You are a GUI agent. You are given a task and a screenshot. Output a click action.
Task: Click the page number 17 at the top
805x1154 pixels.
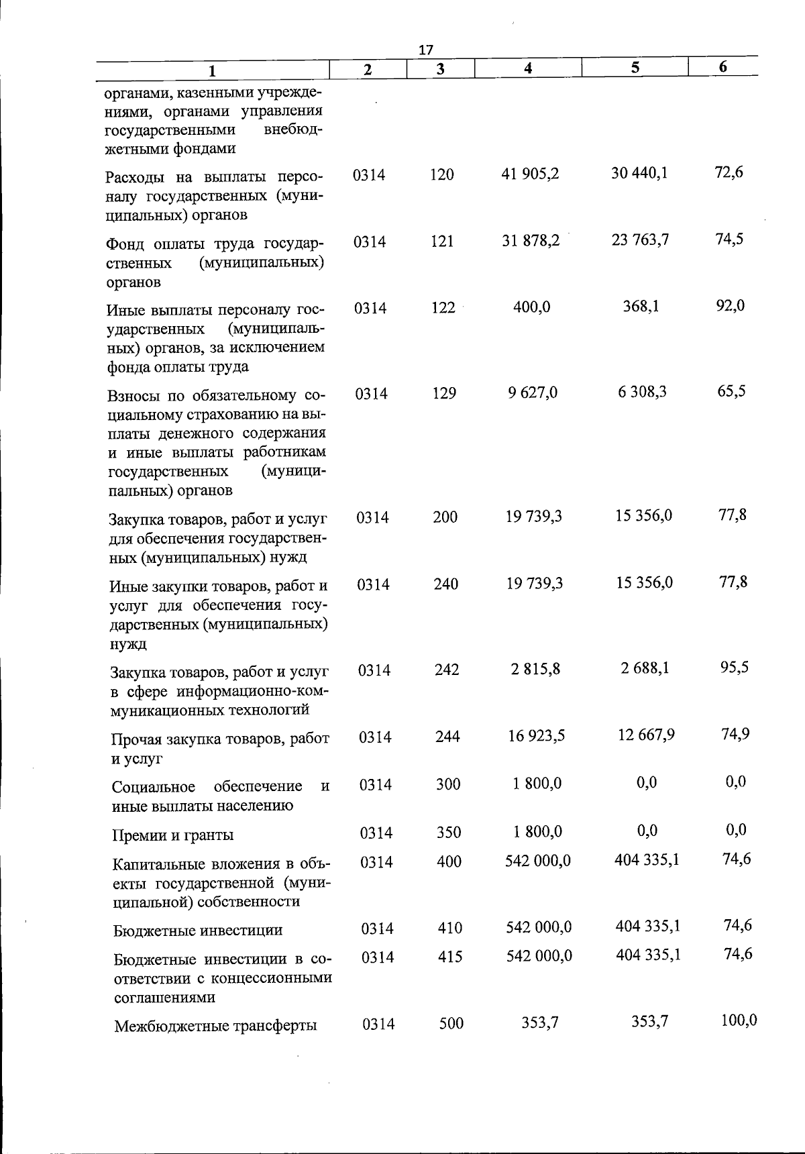pos(426,50)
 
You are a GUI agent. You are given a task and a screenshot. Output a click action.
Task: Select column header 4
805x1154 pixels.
pos(529,68)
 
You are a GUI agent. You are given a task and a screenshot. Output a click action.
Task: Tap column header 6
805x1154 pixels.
pos(722,67)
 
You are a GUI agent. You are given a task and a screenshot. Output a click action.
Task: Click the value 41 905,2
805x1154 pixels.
pos(530,174)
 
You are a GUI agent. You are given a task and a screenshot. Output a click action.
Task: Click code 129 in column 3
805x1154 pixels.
pos(443,393)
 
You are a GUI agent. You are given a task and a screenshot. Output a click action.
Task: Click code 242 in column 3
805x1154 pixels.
pos(446,670)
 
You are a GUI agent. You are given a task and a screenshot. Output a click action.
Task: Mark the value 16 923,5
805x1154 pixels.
pos(536,736)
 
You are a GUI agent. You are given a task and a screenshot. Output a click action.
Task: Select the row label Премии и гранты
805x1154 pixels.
pos(173,835)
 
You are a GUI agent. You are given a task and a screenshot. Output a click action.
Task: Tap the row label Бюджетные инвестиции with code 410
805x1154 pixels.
pos(198,931)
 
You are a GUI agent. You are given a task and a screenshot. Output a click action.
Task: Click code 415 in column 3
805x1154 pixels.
pos(449,957)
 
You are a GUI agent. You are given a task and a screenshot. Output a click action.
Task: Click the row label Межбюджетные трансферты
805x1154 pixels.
pos(215,1027)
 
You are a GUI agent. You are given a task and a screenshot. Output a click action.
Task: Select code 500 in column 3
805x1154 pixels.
pos(451,1024)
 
